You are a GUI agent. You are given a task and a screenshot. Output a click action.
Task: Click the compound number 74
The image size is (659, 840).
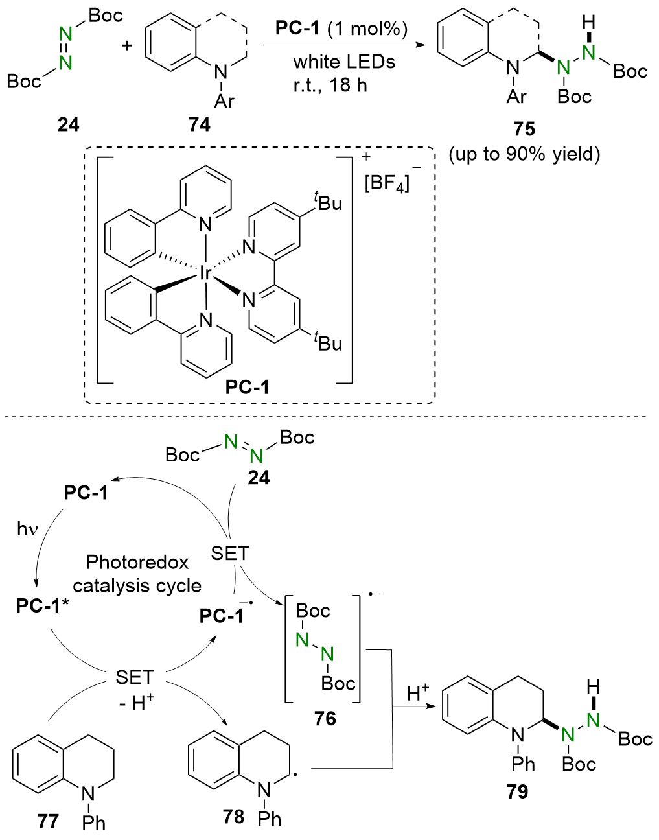click(200, 124)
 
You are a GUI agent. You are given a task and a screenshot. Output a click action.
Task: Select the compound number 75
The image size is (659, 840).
click(524, 128)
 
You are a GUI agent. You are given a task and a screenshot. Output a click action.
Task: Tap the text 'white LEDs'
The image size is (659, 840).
click(344, 62)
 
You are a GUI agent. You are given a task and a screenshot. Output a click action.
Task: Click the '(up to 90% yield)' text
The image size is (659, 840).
click(524, 154)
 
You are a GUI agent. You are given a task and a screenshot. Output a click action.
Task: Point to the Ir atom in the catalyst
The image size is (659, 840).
click(205, 274)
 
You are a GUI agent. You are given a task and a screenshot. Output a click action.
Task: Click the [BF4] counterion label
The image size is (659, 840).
click(387, 183)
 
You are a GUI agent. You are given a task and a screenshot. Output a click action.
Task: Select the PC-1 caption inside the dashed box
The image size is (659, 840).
click(247, 387)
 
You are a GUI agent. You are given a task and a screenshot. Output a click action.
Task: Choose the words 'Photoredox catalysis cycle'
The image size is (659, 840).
click(137, 574)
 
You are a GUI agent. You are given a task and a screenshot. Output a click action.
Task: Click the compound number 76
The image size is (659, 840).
click(325, 718)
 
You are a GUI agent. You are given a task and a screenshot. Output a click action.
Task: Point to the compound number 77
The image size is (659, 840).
click(48, 822)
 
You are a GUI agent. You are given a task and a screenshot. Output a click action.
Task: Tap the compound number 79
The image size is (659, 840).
click(518, 791)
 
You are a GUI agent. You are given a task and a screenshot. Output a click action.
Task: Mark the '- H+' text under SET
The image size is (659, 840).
click(137, 703)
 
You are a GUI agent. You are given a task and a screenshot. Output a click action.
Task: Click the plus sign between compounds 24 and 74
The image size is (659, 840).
click(128, 45)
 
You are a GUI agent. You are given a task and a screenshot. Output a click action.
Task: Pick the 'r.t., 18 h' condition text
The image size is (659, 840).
click(330, 85)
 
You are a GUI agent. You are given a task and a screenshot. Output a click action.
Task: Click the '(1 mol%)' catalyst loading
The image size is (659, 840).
click(367, 29)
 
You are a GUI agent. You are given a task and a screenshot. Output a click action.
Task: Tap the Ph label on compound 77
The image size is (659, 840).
click(94, 822)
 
